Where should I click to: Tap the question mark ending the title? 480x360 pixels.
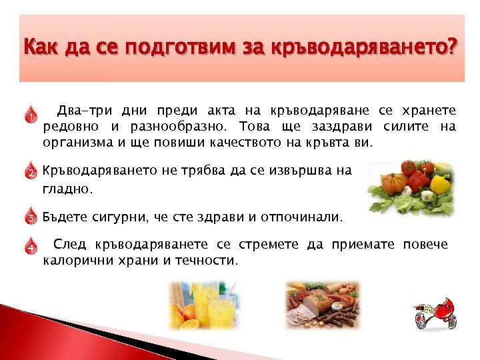(x=454, y=49)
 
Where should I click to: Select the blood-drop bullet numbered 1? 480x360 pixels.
(x=30, y=115)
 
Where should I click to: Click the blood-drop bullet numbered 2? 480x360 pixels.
(x=30, y=171)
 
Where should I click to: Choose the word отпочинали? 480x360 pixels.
(x=309, y=217)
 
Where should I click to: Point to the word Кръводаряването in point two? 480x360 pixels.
(x=99, y=171)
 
